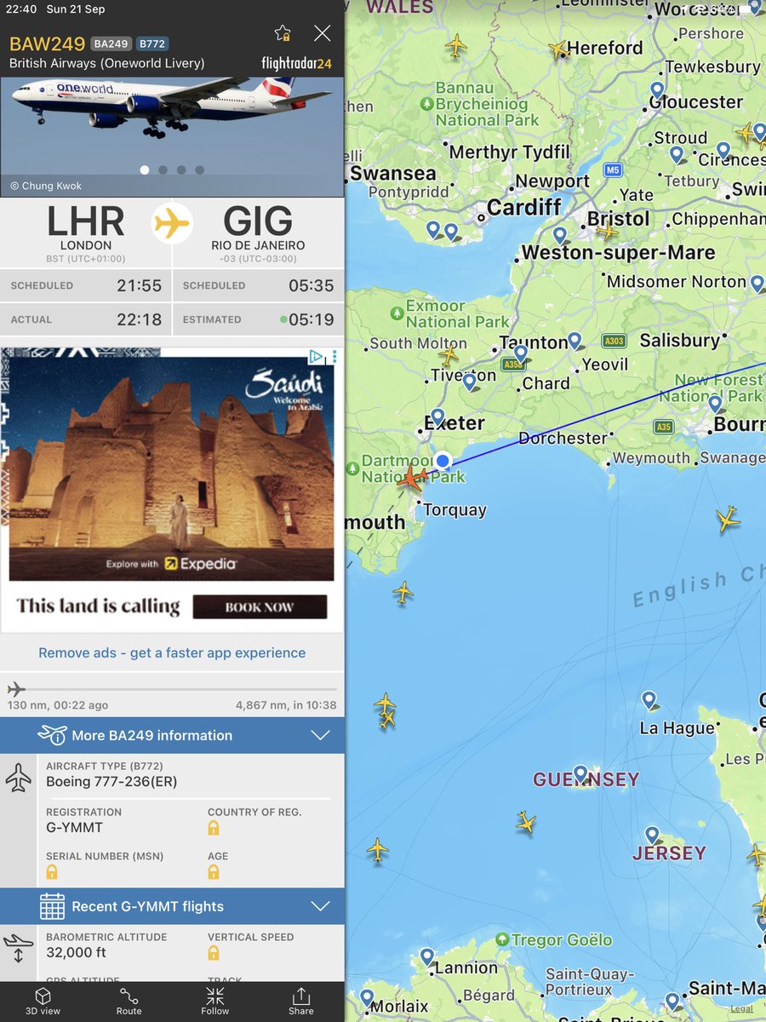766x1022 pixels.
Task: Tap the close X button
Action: point(322,33)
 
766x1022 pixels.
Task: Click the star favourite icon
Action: point(283,33)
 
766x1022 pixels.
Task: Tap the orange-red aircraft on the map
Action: point(412,478)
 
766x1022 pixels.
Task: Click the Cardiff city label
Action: point(524,207)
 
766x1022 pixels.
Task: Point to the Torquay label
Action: point(454,510)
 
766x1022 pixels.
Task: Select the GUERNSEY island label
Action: point(586,779)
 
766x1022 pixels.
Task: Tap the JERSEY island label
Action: point(669,853)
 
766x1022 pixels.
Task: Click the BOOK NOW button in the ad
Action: point(260,607)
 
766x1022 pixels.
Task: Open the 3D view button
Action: point(43,1001)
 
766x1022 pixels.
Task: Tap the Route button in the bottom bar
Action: point(129,1001)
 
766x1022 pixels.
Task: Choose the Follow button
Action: point(215,1001)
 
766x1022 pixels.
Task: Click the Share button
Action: point(300,1001)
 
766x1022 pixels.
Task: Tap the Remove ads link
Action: point(172,653)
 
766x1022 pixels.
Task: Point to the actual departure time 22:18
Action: point(139,319)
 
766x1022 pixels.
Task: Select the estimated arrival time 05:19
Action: point(312,319)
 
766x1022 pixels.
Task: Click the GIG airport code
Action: point(258,222)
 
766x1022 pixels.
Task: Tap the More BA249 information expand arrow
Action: point(320,735)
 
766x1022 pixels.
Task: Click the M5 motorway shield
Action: point(613,170)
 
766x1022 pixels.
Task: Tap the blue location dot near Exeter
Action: point(443,462)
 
